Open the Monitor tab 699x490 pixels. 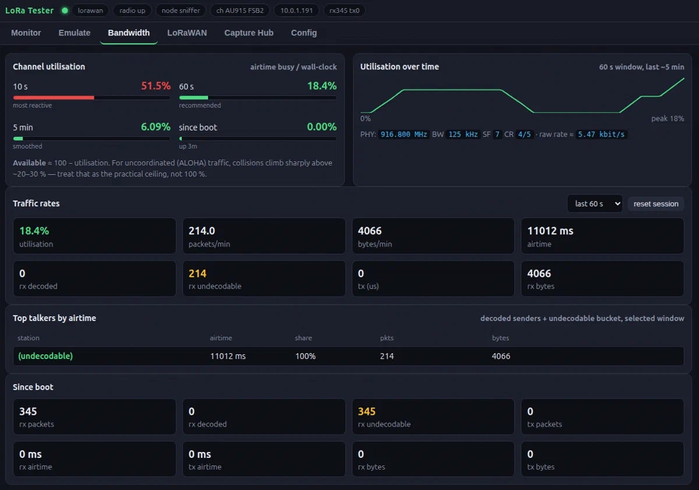26,33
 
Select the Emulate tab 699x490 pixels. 75,33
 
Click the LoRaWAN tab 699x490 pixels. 187,33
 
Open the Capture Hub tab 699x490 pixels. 249,33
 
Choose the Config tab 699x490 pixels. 303,33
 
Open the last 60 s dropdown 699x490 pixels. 595,204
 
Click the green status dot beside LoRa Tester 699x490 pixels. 65,10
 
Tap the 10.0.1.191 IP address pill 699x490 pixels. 296,10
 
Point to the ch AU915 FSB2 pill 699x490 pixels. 239,10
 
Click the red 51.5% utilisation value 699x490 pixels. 156,86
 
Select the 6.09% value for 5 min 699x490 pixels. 156,126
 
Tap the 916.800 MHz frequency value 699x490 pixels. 404,135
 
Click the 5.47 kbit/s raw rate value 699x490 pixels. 601,135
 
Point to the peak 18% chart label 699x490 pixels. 668,119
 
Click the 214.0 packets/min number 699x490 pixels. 202,231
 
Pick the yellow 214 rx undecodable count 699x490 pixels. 197,274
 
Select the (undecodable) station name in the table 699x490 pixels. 45,356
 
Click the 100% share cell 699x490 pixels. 305,356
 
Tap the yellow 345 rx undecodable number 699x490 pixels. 366,412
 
